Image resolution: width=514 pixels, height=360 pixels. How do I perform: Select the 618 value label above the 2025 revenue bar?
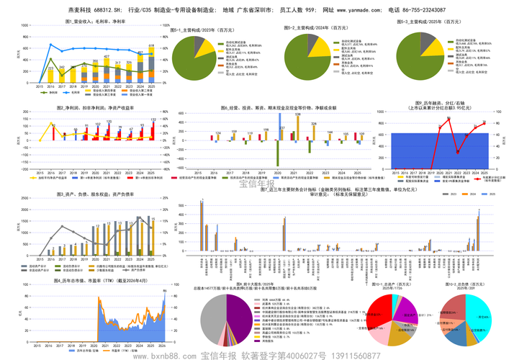151,45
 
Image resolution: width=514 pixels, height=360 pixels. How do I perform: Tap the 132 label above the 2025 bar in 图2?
153,120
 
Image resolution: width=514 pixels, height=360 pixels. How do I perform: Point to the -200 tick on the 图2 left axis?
24,170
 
